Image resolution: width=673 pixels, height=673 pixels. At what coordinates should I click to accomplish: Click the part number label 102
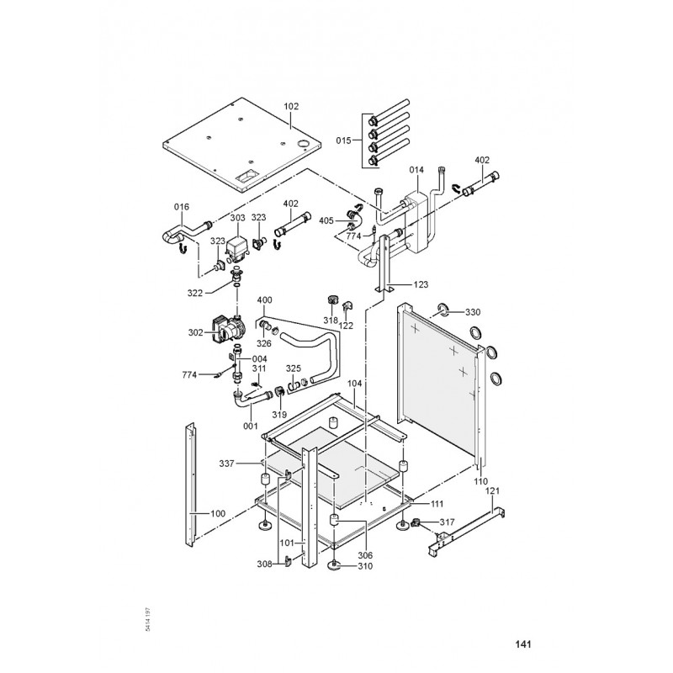tap(291, 107)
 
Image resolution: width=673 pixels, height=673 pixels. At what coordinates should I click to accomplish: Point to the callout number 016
tap(182, 206)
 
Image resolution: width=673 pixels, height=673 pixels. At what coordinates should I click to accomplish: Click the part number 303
tap(238, 218)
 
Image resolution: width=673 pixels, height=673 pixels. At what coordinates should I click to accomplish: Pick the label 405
tap(327, 220)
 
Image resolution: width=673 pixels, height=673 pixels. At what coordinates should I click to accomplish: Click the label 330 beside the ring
tap(473, 312)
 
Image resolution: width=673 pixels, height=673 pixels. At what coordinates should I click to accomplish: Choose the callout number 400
tap(265, 300)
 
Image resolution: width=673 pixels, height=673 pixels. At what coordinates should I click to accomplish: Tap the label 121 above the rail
tap(494, 490)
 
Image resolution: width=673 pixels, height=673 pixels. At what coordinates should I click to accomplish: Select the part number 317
tap(447, 522)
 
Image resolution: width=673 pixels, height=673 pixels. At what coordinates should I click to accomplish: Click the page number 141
tap(522, 645)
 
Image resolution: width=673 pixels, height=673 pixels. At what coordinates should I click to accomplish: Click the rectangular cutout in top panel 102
tap(247, 178)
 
